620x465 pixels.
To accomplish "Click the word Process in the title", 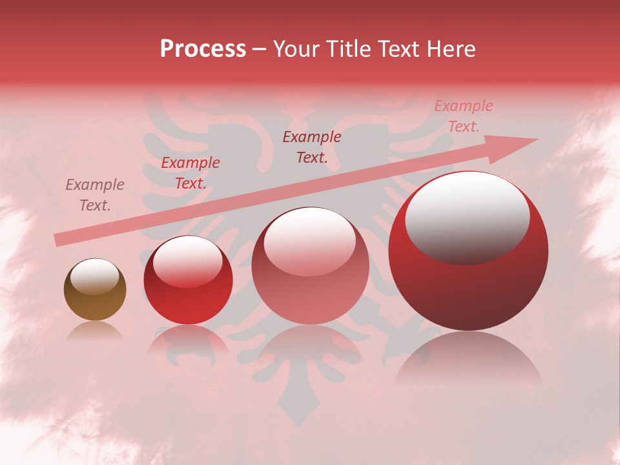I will point(203,49).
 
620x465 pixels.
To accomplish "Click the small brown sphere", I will point(95,290).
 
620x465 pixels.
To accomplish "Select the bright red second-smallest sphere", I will point(188,281).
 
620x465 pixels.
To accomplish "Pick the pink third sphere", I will point(310,266).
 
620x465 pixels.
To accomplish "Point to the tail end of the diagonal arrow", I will point(58,240).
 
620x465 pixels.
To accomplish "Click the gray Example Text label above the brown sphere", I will point(94,195).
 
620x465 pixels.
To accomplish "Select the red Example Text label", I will point(191,173).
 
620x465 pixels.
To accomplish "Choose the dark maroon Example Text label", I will point(312,147).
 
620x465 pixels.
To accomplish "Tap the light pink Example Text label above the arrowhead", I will point(463,116).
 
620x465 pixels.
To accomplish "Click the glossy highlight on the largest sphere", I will point(467,216).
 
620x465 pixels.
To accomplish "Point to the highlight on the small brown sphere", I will point(94,276).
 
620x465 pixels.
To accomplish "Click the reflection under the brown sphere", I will point(95,331).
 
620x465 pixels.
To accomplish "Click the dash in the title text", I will point(260,50).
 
